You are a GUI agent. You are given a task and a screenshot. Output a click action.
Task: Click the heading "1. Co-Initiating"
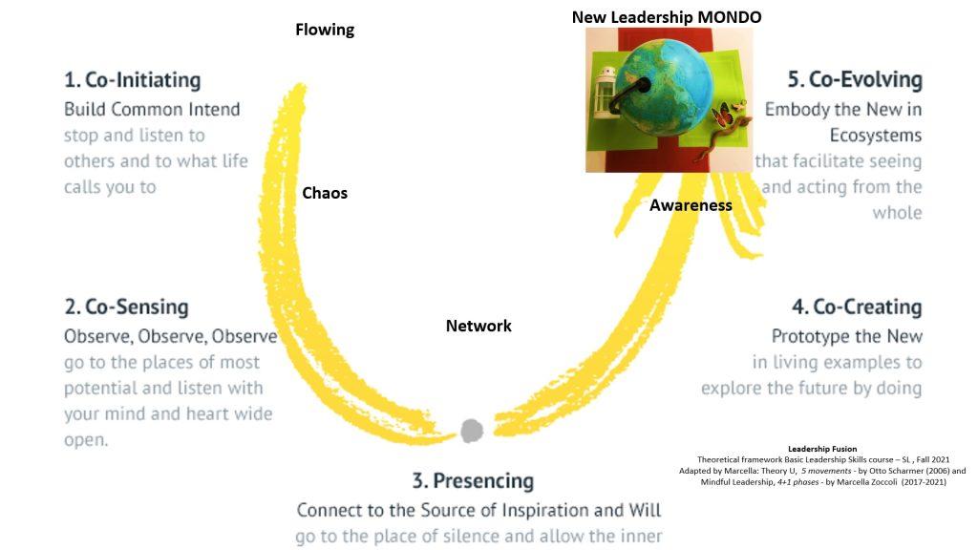click(x=132, y=79)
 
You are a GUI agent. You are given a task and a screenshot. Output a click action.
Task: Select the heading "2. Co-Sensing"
click(x=126, y=307)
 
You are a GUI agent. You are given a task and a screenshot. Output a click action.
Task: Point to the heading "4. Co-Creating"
click(x=857, y=307)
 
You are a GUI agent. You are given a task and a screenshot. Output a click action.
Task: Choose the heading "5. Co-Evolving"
click(x=855, y=79)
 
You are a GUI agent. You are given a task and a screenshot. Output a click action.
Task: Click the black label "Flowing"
click(x=325, y=30)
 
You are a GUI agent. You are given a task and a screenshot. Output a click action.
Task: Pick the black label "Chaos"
click(x=325, y=193)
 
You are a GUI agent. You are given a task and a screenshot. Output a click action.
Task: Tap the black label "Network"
click(x=478, y=326)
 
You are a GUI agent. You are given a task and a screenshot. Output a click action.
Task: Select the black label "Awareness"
click(x=691, y=204)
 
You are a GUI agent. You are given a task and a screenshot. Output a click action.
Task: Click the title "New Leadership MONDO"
click(x=667, y=16)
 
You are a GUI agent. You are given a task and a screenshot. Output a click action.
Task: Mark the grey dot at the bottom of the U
click(x=472, y=431)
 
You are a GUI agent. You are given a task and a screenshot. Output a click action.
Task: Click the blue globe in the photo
click(x=669, y=91)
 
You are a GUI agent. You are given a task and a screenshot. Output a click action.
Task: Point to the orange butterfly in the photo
click(x=733, y=115)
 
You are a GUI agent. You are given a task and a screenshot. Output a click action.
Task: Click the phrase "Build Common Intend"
click(x=152, y=109)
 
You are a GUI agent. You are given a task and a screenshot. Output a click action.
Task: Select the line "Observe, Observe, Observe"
click(x=170, y=336)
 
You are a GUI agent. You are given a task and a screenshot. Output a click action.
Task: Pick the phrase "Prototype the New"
click(x=847, y=336)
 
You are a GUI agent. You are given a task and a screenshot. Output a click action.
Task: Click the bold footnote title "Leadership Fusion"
click(x=822, y=449)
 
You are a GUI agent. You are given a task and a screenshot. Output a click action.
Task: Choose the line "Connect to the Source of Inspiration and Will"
click(x=478, y=510)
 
